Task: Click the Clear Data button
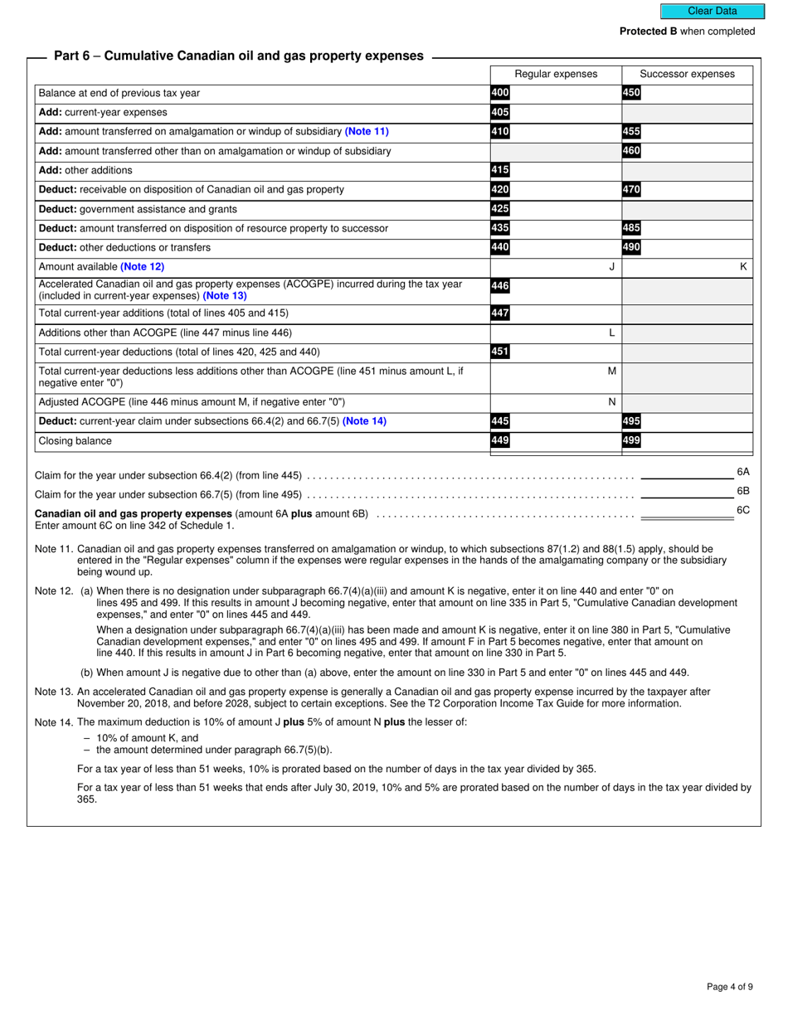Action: (712, 11)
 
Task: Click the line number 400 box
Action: (500, 93)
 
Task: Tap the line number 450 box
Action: (631, 93)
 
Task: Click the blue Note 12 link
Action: (143, 267)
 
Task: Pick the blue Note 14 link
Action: (364, 421)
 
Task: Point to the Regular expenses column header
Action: (556, 74)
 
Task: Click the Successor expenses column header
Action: (687, 74)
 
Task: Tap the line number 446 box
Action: (500, 286)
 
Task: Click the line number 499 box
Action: (631, 441)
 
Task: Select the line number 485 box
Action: (631, 228)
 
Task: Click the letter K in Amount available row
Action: (743, 267)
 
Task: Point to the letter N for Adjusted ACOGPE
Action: (612, 401)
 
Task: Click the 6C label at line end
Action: (743, 510)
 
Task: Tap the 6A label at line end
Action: (743, 472)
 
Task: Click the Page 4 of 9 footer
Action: (730, 987)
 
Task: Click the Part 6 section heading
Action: (238, 56)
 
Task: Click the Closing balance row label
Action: (75, 441)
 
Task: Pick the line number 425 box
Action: (500, 209)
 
